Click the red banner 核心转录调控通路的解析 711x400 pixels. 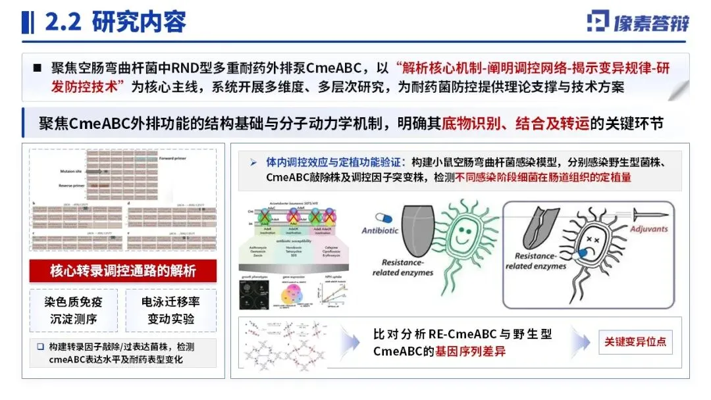tap(123, 270)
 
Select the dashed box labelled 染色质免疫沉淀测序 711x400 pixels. tap(74, 310)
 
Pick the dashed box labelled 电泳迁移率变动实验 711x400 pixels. tap(171, 310)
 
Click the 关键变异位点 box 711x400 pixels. tap(635, 341)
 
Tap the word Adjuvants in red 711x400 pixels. tap(648, 229)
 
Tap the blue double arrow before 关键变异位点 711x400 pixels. tap(582, 342)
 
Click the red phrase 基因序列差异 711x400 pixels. tap(470, 351)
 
